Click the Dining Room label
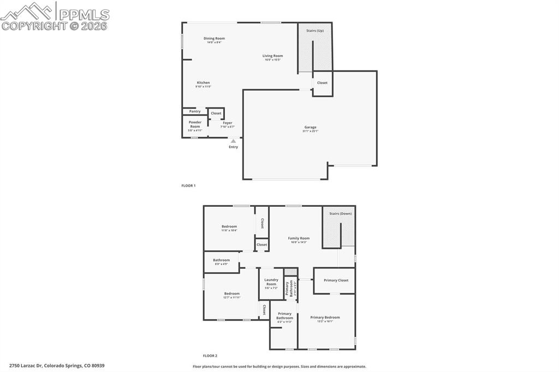tap(214, 39)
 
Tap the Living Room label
tap(272, 56)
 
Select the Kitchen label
tap(203, 83)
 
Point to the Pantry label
tap(195, 111)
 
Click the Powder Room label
tap(195, 124)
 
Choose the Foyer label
tap(227, 123)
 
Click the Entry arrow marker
tap(233, 141)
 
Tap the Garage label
tap(310, 128)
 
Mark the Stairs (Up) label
tap(315, 31)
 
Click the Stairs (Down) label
tap(340, 214)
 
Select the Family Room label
tap(299, 238)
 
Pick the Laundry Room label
tap(271, 282)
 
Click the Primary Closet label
tap(335, 280)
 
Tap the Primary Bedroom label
tap(325, 317)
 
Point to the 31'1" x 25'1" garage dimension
tap(310, 131)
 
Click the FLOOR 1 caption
tap(188, 185)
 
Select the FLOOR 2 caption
tap(210, 356)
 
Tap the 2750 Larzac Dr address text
tap(56, 366)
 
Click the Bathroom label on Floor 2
tap(221, 260)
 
